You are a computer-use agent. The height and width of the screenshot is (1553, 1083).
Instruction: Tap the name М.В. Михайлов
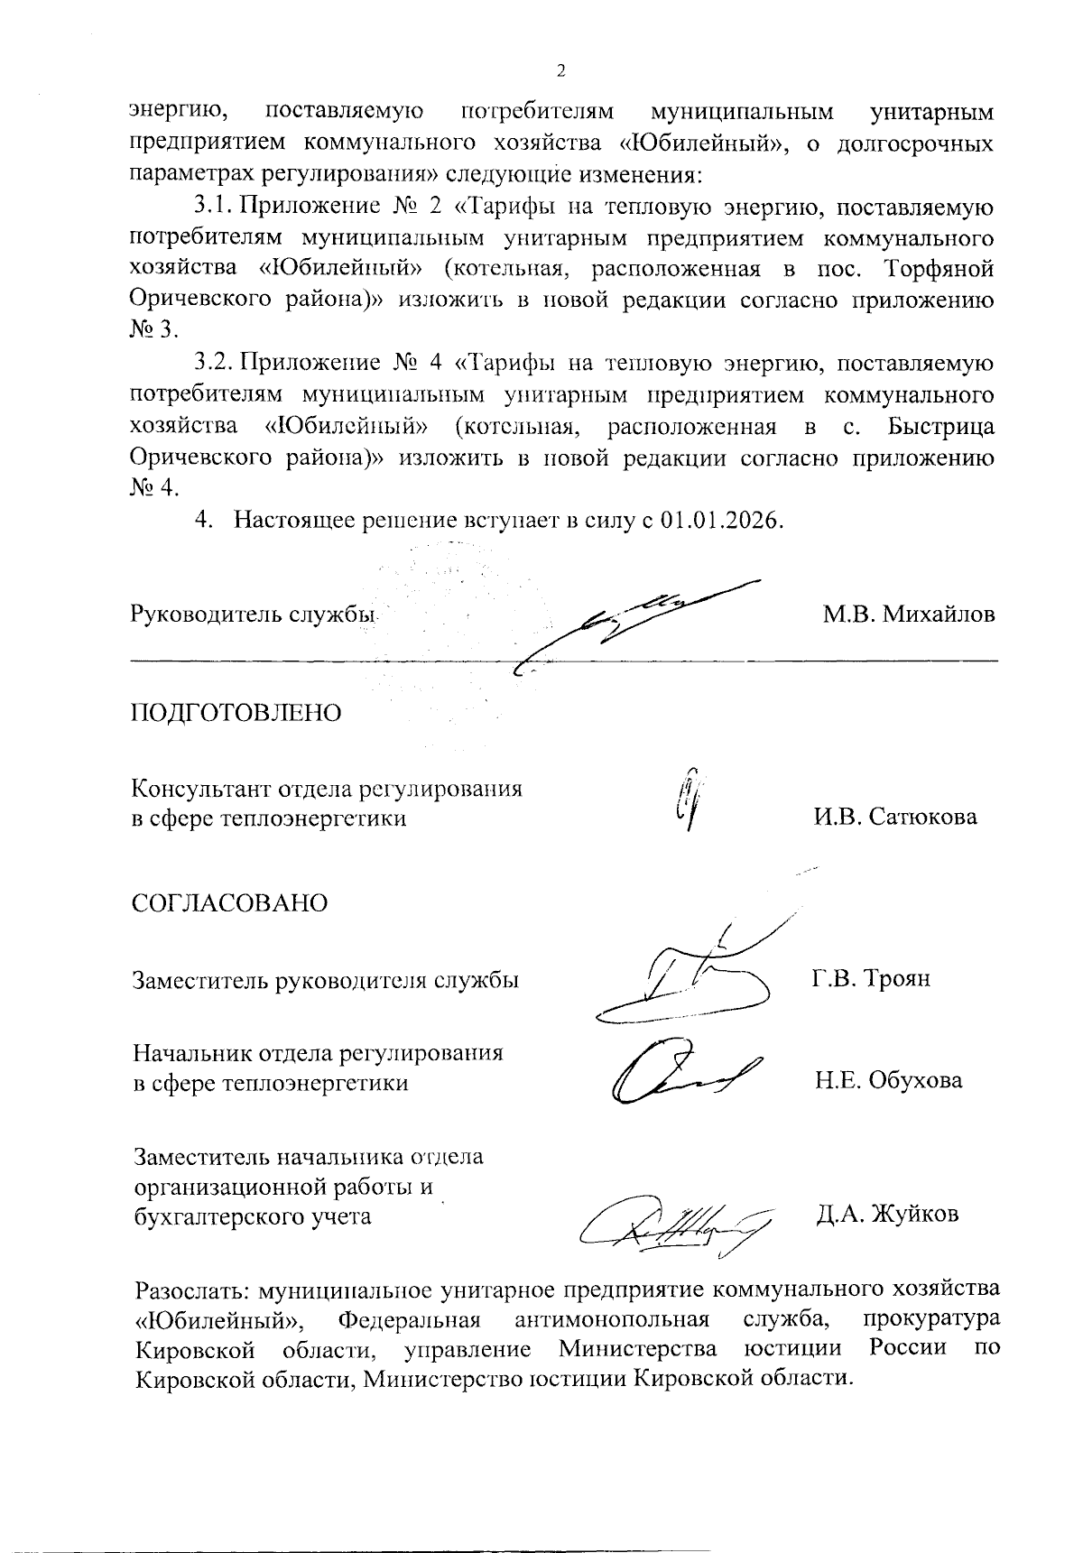coord(908,615)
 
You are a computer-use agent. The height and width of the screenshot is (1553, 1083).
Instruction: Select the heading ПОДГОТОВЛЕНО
coord(237,712)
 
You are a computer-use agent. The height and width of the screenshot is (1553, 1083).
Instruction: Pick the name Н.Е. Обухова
coord(888,1080)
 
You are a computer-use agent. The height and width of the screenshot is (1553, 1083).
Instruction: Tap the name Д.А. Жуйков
coord(886,1214)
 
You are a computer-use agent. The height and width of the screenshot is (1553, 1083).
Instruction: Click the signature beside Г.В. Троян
coord(686,975)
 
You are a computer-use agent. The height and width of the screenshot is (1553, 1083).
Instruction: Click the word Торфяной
coord(940,269)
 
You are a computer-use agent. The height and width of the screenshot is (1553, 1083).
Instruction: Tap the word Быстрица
coord(942,426)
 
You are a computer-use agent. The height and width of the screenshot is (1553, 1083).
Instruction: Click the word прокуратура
coord(931,1317)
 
